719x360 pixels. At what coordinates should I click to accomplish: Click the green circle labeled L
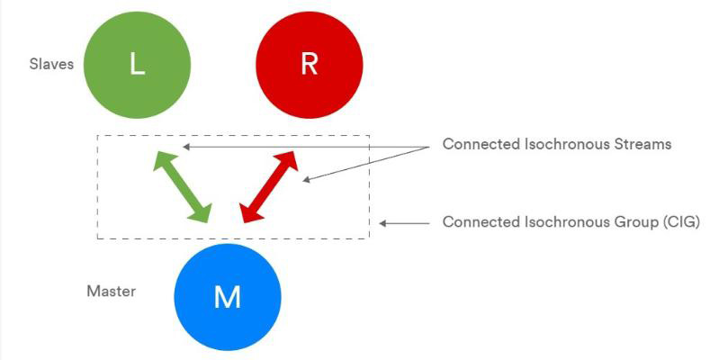coord(137,65)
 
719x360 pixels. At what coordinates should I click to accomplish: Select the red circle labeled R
coord(309,65)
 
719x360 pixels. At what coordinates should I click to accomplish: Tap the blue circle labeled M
coord(228,297)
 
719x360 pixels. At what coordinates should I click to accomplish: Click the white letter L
coord(137,65)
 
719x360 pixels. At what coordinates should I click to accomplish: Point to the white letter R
coord(309,65)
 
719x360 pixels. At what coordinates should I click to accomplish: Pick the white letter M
coord(228,297)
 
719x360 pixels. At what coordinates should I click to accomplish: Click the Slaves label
coord(51,64)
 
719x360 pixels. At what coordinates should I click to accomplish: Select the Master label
coord(112,292)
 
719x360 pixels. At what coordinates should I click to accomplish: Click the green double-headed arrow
coord(183,186)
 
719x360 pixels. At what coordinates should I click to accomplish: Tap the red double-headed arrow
coord(269,186)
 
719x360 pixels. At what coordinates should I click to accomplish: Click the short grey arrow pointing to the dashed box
coord(405,223)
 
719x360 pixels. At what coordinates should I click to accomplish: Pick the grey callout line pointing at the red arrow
coord(366,164)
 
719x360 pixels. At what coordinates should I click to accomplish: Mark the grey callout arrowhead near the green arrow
coord(185,147)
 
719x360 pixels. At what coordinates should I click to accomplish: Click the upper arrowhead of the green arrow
coord(165,161)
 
